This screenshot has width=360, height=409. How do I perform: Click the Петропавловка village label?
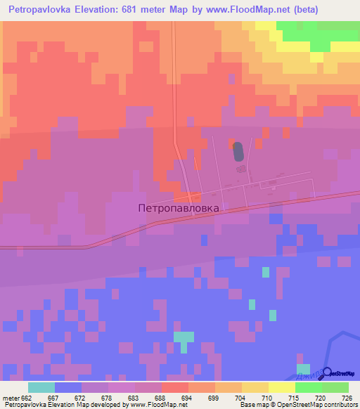179,208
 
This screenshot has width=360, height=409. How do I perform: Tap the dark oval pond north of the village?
238,151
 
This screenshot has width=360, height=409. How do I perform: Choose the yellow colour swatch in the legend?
281,387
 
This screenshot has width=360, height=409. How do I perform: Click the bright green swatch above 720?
308,387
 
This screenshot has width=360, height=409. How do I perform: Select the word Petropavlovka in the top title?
41,10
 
